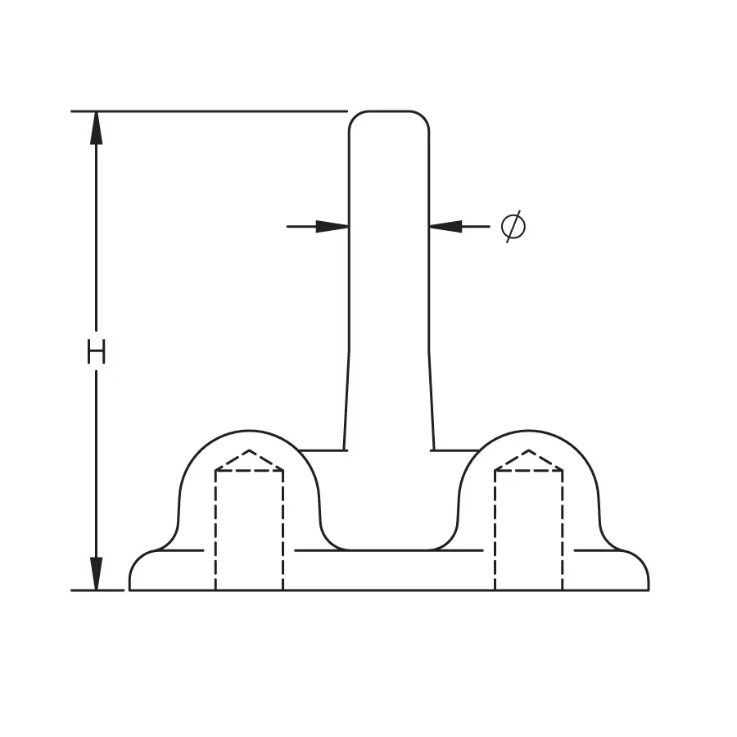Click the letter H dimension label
tap(97, 351)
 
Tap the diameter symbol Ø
tap(513, 226)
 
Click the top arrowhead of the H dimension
tap(97, 128)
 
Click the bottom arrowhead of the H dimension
tap(97, 573)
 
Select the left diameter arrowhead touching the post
tap(332, 227)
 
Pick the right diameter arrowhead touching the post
tap(445, 227)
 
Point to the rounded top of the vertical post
tap(389, 112)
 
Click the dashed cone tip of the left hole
tap(250, 450)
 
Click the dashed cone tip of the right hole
tap(529, 450)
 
